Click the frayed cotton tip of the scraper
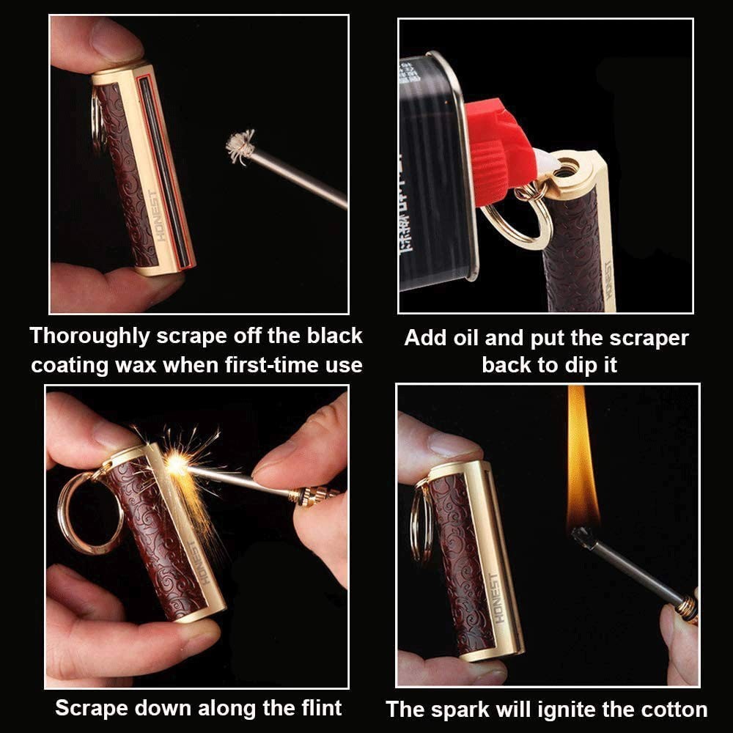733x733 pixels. click(239, 147)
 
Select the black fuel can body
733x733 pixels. click(432, 176)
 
